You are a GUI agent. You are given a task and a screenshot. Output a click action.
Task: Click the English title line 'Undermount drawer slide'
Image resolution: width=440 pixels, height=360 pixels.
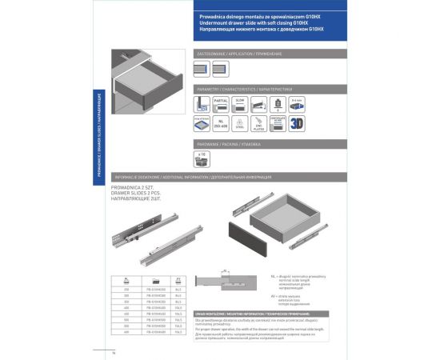point(254,24)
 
